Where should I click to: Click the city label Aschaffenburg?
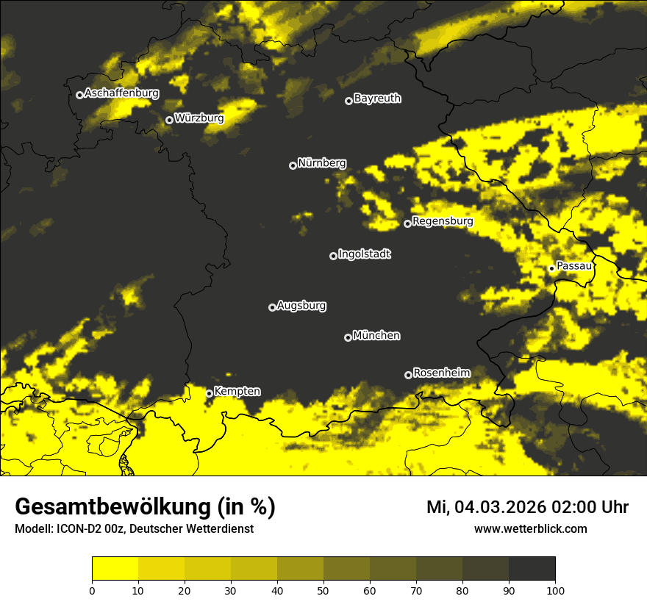point(121,93)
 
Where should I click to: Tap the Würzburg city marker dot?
point(169,120)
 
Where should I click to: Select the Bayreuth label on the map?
point(377,98)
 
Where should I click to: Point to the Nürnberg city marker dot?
point(293,165)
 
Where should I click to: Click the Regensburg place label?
point(443,221)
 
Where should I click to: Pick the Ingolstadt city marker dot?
point(333,256)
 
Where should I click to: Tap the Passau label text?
point(574,266)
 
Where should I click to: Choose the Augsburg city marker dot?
point(272,307)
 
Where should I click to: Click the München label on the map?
point(376,336)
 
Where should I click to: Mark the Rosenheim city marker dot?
point(408,375)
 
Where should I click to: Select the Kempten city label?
point(237,392)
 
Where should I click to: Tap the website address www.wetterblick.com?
point(530,529)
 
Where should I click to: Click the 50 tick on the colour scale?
point(323,590)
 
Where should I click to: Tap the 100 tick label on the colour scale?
point(555,590)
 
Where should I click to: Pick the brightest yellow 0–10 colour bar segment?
point(115,569)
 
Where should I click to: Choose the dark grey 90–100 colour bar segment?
point(532,569)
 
